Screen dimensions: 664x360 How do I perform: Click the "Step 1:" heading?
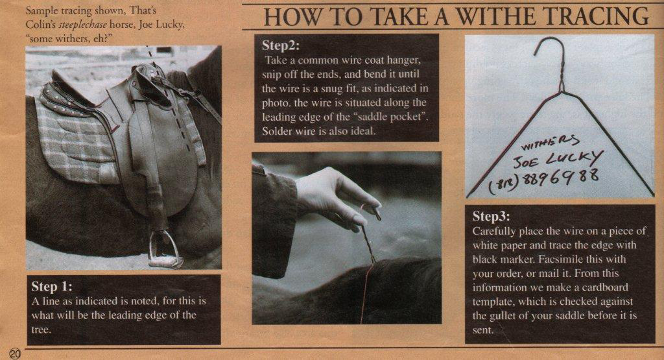(52, 287)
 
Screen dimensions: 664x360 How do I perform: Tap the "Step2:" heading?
(280, 45)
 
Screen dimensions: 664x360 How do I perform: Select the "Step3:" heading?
(492, 216)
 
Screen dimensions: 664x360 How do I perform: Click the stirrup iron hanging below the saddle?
(164, 250)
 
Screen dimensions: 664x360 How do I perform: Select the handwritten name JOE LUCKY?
(558, 160)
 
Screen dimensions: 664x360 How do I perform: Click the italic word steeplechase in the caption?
(83, 24)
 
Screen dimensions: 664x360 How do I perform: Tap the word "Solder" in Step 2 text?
(277, 131)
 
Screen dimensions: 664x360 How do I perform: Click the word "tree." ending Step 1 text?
(41, 330)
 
